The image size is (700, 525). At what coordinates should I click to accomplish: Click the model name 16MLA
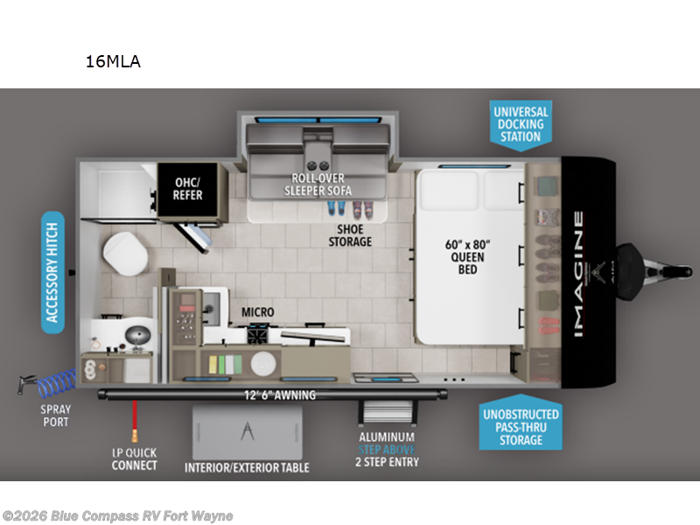point(113,61)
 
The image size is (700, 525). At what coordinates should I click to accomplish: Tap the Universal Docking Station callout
point(520,124)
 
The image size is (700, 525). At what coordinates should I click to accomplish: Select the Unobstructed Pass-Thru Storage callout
point(521,426)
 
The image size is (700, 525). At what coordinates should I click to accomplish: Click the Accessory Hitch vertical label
point(53,272)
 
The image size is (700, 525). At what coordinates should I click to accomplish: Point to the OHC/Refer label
point(187,188)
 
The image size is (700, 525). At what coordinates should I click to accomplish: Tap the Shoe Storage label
point(350,235)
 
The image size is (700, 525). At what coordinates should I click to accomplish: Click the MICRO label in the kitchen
point(258,311)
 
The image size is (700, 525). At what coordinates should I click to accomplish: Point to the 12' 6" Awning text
point(280,395)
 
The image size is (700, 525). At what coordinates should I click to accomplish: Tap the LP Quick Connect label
point(134,458)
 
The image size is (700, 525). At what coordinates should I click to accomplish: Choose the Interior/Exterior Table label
point(247,467)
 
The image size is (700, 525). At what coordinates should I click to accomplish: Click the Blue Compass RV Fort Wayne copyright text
point(117,515)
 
